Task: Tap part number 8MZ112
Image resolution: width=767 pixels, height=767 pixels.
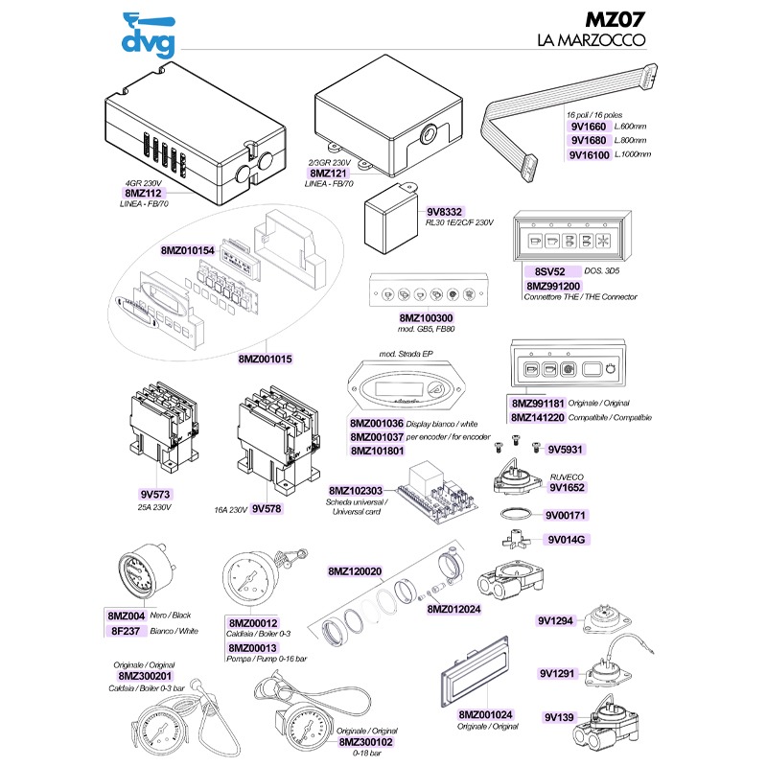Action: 130,193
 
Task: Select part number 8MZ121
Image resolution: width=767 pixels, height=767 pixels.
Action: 328,173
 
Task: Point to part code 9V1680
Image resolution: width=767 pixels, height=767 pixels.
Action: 588,140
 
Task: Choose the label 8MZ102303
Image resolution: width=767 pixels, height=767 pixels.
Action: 356,489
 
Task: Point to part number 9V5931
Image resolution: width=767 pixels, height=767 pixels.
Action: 566,449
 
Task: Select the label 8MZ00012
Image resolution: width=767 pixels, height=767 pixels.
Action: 253,623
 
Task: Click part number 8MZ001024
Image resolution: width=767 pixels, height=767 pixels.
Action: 487,714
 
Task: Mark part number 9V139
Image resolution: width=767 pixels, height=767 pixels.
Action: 559,716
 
